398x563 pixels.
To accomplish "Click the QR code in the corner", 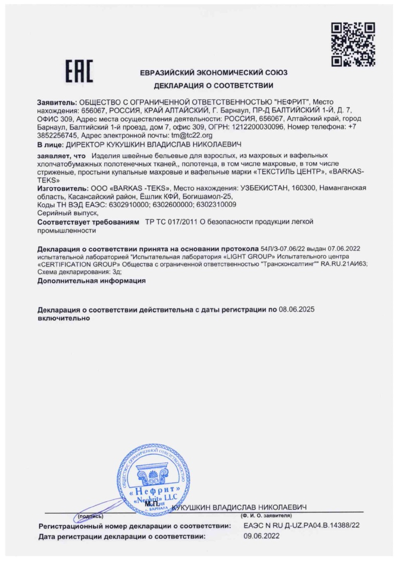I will click(353, 44).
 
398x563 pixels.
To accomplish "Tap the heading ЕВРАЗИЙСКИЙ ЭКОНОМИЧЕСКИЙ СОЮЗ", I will click(214, 73).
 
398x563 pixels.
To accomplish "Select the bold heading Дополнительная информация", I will click(91, 281).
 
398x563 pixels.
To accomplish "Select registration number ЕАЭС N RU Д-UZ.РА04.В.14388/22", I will click(301, 526).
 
